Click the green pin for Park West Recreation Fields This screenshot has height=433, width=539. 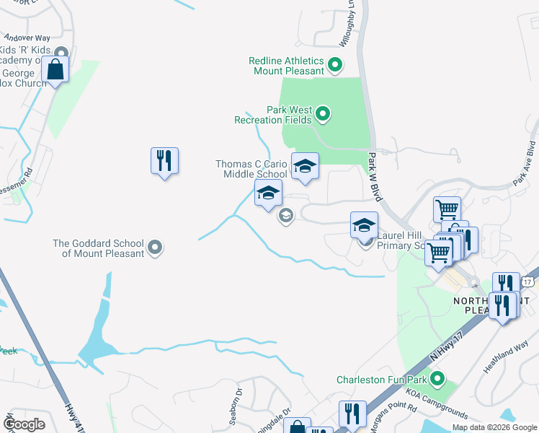pyautogui.click(x=323, y=113)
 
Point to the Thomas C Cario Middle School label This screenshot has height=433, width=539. pyautogui.click(x=251, y=169)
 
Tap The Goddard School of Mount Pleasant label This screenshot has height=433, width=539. pyautogui.click(x=98, y=248)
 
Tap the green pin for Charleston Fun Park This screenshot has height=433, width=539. pyautogui.click(x=437, y=377)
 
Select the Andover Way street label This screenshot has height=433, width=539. pyautogui.click(x=27, y=37)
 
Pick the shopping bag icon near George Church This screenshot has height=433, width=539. pyautogui.click(x=55, y=71)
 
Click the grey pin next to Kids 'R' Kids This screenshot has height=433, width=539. pyautogui.click(x=61, y=52)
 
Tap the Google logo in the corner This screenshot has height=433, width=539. pyautogui.click(x=24, y=424)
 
